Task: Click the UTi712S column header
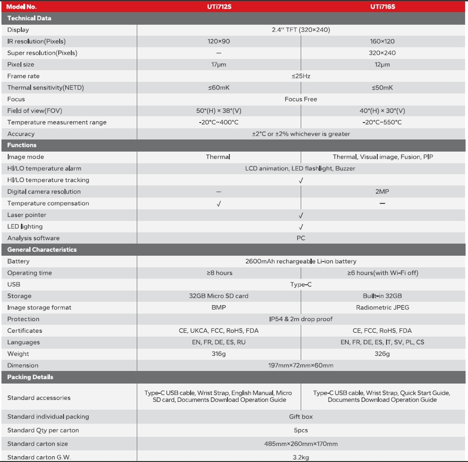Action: [219, 7]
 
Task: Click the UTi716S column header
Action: [382, 7]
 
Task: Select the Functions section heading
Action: [22, 145]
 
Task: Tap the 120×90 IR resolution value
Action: [219, 42]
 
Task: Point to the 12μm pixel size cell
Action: [382, 64]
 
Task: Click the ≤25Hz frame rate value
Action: [301, 76]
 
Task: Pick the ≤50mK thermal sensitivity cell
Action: [382, 88]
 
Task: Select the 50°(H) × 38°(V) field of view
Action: [219, 111]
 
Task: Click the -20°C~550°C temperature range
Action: [382, 123]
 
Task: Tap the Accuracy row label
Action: [21, 134]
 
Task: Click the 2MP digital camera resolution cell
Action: [382, 192]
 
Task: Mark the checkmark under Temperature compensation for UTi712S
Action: [219, 204]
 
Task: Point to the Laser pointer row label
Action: [27, 215]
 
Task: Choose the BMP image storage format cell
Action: [219, 308]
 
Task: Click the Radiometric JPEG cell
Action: [382, 308]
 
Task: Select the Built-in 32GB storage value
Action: [382, 296]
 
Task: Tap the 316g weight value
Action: [219, 354]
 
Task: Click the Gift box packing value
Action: [301, 416]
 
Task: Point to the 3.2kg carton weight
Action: [301, 457]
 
